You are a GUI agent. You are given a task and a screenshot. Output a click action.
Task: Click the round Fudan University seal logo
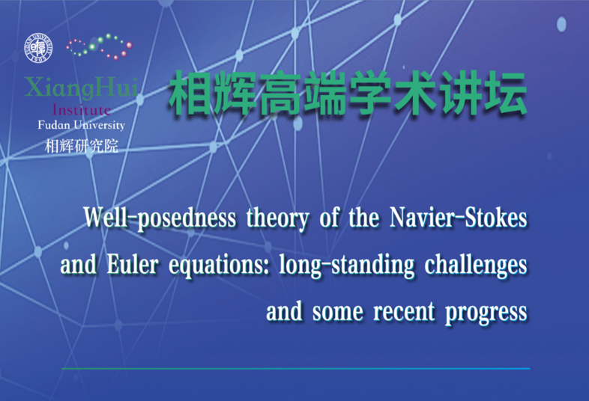coord(39,48)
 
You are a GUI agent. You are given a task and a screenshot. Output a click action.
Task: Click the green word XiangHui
coord(81,87)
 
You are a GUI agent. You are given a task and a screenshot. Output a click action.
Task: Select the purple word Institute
coord(82,109)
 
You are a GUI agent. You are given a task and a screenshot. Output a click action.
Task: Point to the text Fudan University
coord(81,125)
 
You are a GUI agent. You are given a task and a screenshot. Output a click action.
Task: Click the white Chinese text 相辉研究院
coord(82,146)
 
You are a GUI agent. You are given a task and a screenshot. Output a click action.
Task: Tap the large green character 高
coord(281,93)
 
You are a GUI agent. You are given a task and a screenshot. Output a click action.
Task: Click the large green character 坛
coord(506,93)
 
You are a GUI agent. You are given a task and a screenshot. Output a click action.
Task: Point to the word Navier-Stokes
coord(459,217)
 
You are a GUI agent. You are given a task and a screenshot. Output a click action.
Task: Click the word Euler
coord(132,264)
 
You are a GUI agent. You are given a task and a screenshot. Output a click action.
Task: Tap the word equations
coord(219,266)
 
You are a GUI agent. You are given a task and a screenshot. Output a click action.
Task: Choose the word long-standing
coord(347,266)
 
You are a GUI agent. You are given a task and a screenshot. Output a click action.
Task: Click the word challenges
coord(476,266)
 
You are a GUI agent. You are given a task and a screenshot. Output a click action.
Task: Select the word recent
coord(404,312)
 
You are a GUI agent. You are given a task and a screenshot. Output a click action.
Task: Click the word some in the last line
coord(338,313)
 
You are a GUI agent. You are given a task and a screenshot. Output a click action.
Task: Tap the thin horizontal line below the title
coord(296,369)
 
